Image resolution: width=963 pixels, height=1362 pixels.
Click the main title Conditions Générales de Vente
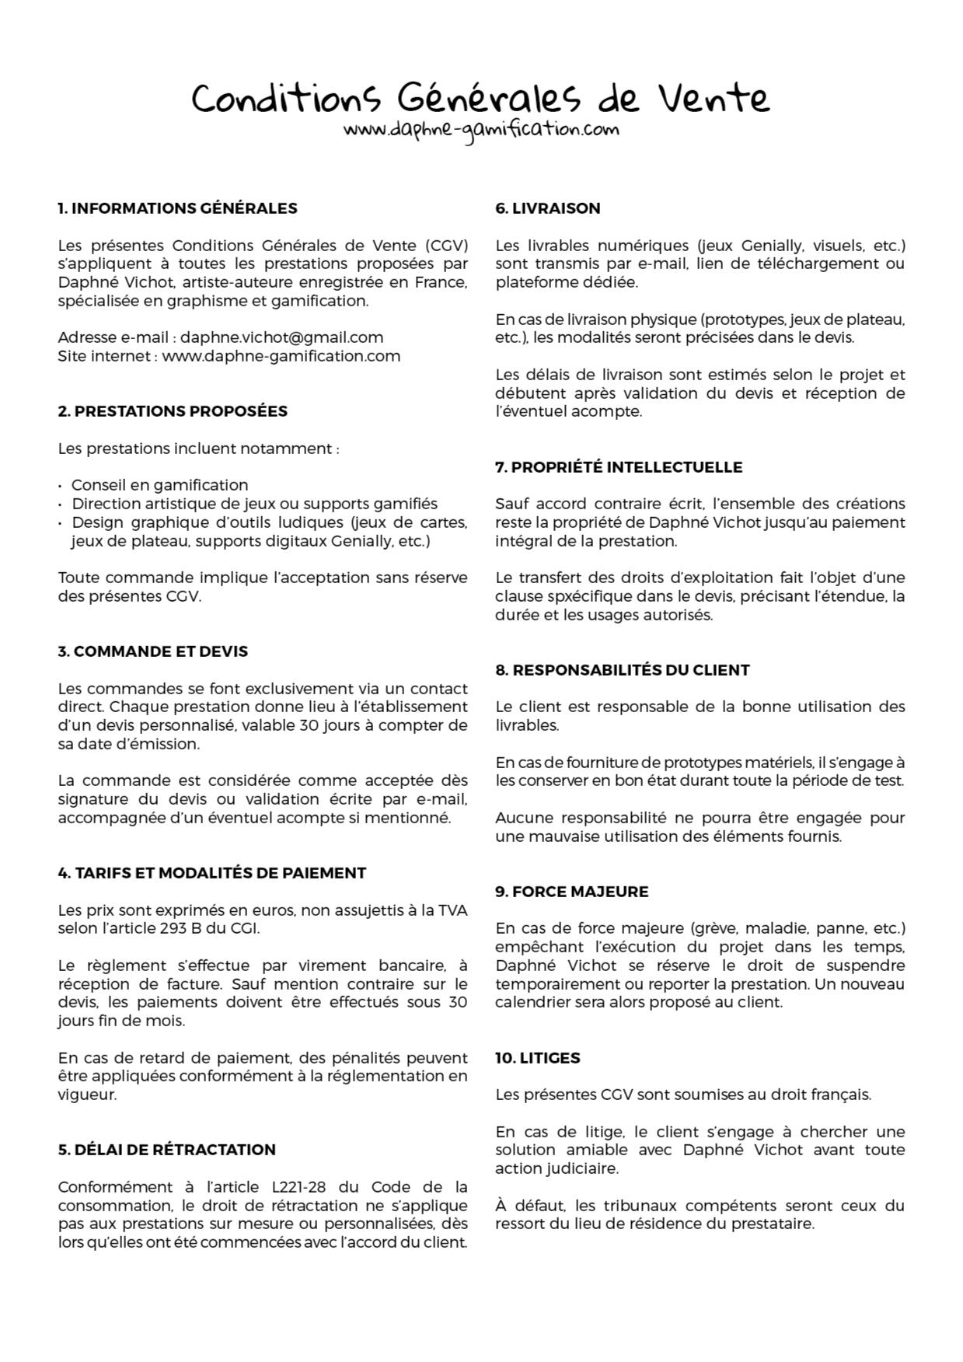tap(480, 99)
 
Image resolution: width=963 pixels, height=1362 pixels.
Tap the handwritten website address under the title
tap(481, 129)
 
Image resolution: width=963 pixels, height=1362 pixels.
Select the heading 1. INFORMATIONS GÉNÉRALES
tap(177, 208)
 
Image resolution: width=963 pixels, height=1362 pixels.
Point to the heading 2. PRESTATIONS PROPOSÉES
tap(173, 411)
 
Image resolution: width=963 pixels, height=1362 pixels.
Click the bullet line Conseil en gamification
tap(159, 485)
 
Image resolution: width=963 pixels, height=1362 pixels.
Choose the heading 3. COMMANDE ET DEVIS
tap(152, 651)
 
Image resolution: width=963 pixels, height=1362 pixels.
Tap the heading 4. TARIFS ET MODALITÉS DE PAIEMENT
tap(211, 873)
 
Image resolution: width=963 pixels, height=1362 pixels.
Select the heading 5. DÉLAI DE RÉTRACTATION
tap(166, 1150)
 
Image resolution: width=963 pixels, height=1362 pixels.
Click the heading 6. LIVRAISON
tap(548, 208)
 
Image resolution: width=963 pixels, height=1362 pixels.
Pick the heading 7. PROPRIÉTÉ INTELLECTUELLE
tap(619, 467)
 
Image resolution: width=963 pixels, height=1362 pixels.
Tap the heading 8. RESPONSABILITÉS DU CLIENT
tap(623, 670)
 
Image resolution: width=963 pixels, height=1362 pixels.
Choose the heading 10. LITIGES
tap(538, 1058)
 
